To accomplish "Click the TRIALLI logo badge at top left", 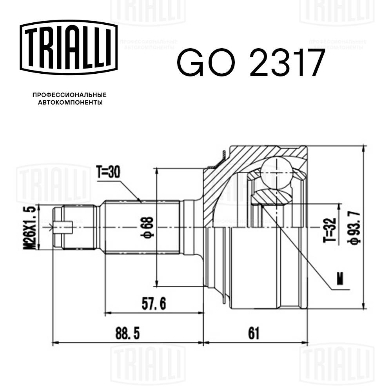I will pyautogui.click(x=69, y=48).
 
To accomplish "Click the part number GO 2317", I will pyautogui.click(x=251, y=63).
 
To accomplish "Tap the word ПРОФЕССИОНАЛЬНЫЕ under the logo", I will pyautogui.click(x=69, y=95).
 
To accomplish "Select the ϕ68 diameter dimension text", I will pyautogui.click(x=149, y=227).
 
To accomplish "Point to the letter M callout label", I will pyautogui.click(x=339, y=278).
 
